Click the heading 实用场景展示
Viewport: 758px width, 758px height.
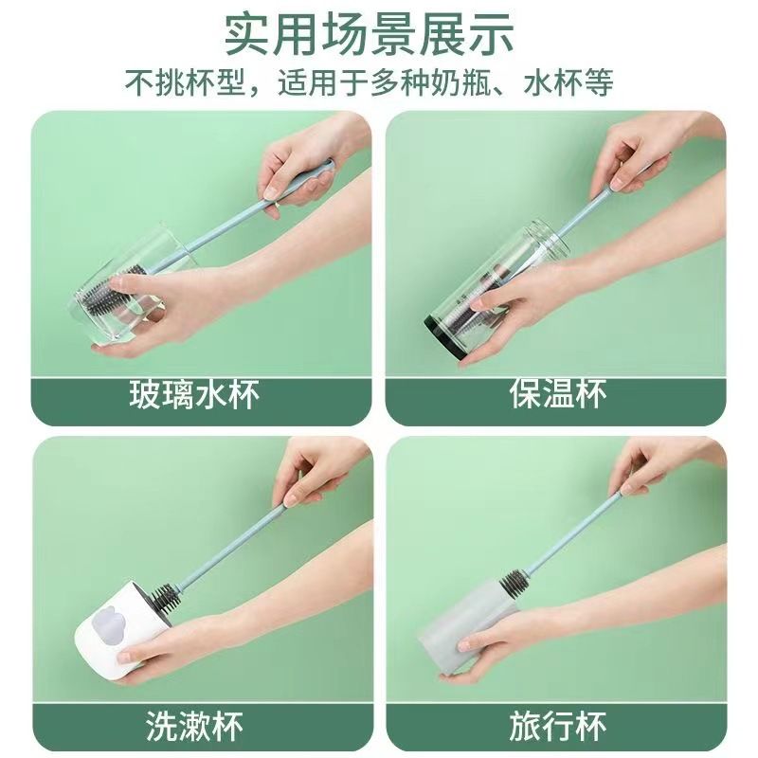370,36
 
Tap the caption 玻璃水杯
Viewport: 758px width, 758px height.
194,394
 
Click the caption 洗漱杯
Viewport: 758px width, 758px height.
195,726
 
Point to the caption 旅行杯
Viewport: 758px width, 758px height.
557,726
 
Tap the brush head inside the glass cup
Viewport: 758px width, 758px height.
116,296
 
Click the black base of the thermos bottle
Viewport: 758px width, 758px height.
444,336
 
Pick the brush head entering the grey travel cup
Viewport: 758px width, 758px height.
515,582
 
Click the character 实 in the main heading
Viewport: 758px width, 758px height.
246,36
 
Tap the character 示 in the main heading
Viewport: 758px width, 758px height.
493,36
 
